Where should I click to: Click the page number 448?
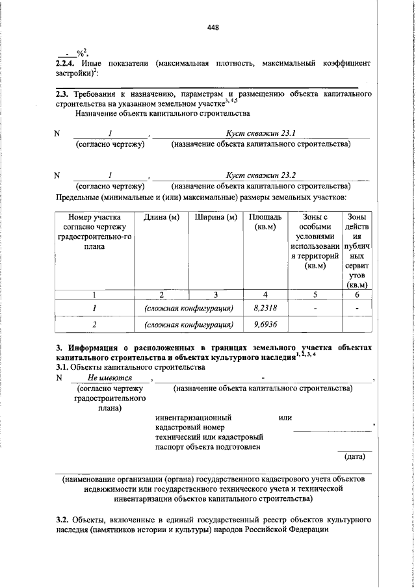[x=214, y=27]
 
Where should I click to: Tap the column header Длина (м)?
[x=161, y=216]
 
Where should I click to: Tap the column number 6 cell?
[x=357, y=294]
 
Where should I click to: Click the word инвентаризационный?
[x=193, y=417]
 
